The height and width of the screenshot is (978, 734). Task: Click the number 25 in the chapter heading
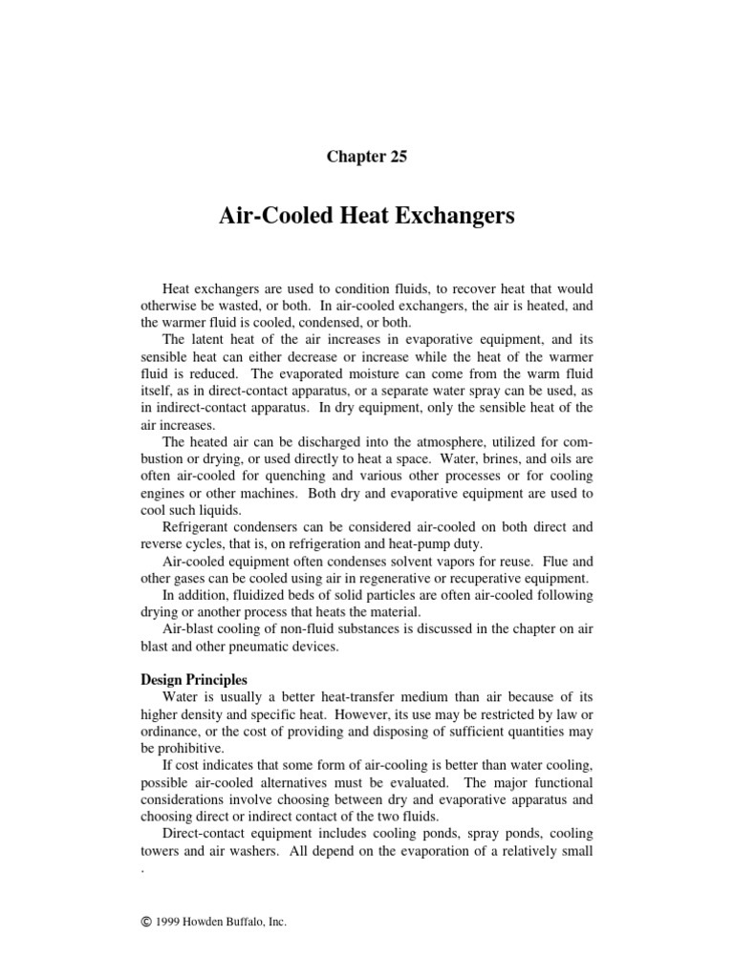tap(397, 158)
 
